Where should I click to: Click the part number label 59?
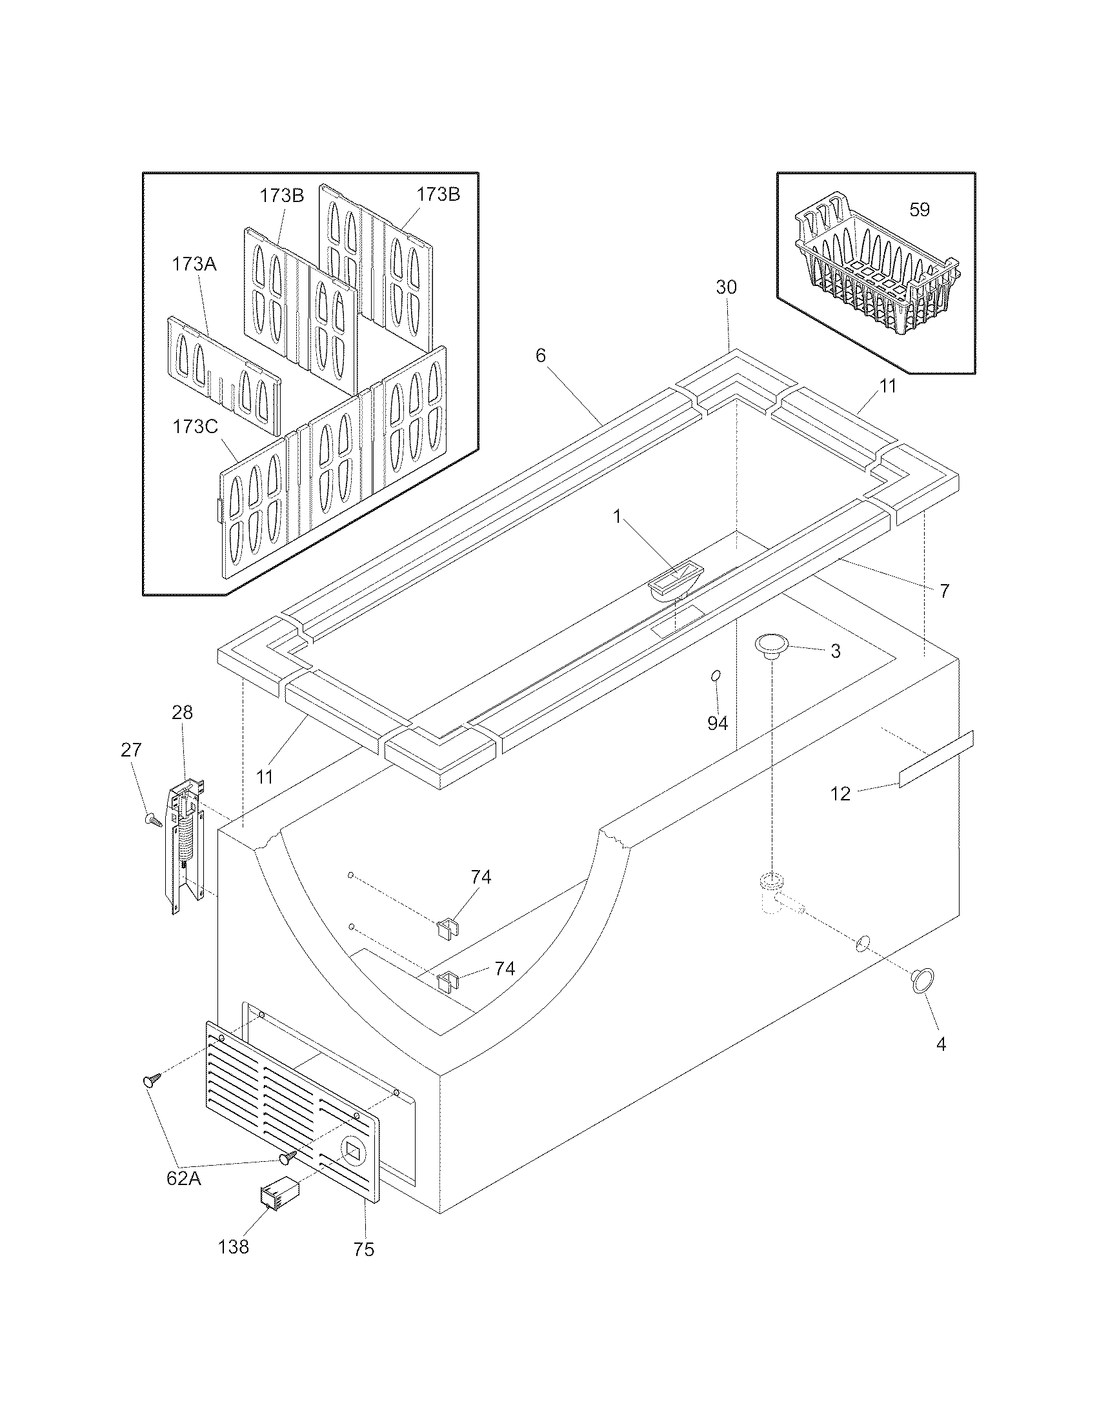920,210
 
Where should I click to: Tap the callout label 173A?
194,264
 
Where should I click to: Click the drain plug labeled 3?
770,645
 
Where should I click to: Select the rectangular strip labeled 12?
936,760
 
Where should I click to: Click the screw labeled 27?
154,820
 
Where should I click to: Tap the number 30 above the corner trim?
727,287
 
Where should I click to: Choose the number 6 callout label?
541,356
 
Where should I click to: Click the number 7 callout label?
944,591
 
